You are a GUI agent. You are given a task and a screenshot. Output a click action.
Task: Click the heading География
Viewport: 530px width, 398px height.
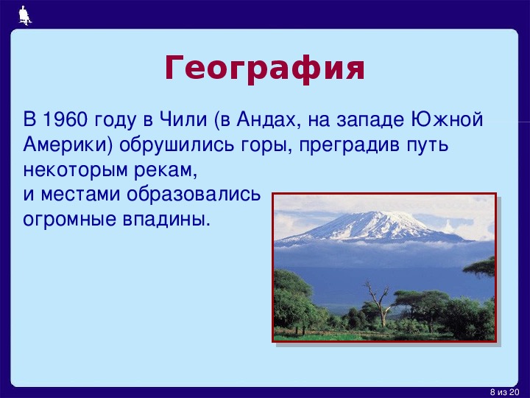[x=265, y=68]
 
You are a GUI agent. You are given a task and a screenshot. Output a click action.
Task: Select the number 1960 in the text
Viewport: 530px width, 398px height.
[x=66, y=119]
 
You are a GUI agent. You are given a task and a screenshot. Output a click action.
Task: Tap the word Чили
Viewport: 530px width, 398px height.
[x=183, y=119]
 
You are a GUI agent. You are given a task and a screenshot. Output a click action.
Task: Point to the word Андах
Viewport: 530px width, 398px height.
[x=266, y=120]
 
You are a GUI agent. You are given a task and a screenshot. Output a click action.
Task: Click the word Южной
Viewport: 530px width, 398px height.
[x=447, y=119]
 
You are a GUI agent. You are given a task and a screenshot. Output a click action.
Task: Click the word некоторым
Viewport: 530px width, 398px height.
[x=76, y=170]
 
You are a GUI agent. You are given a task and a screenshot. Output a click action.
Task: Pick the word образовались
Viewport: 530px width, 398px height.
[x=194, y=195]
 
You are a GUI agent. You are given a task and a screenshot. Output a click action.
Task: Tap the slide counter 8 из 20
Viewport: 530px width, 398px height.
[x=504, y=392]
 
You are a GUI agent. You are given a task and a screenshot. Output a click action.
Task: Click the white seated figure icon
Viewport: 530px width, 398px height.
[x=25, y=15]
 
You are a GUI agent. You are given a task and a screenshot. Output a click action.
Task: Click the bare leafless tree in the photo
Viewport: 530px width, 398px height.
[x=380, y=302]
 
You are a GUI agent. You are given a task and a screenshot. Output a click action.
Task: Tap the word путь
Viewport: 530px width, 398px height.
[x=427, y=146]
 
